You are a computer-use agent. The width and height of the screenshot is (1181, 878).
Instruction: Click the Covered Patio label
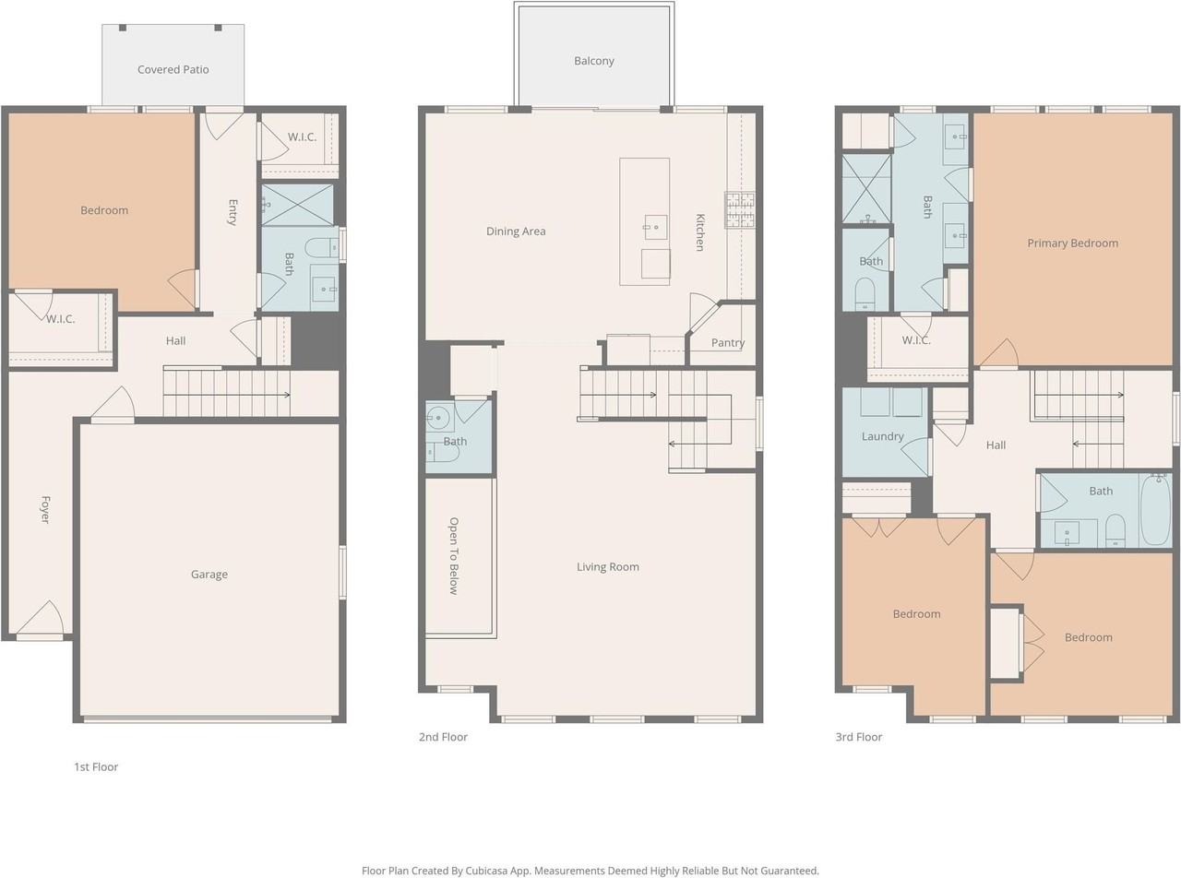pyautogui.click(x=173, y=70)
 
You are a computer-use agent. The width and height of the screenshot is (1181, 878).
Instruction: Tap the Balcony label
pyautogui.click(x=593, y=61)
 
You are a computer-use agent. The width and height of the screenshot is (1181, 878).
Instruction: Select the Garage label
pyautogui.click(x=209, y=575)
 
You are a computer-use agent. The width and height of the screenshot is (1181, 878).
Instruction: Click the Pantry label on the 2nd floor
pyautogui.click(x=728, y=343)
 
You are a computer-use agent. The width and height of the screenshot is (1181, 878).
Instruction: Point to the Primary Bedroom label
pyautogui.click(x=1072, y=243)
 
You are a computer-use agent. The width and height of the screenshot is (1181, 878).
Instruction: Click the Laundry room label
pyautogui.click(x=883, y=436)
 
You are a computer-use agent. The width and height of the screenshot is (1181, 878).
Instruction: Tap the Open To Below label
pyautogui.click(x=453, y=556)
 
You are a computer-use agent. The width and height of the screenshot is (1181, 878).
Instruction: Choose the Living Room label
pyautogui.click(x=607, y=567)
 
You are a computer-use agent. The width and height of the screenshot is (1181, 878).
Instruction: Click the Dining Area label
pyautogui.click(x=516, y=231)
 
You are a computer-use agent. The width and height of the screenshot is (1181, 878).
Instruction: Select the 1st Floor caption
pyautogui.click(x=96, y=766)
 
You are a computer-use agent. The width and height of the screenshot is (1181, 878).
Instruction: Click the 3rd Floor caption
pyautogui.click(x=858, y=737)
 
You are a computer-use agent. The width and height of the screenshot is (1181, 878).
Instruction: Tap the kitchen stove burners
pyautogui.click(x=740, y=209)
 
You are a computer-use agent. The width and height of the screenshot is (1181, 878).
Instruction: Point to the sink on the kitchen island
pyautogui.click(x=655, y=228)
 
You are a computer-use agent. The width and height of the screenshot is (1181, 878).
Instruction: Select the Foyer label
pyautogui.click(x=45, y=509)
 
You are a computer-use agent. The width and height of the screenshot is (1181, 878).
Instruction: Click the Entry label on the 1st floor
pyautogui.click(x=233, y=212)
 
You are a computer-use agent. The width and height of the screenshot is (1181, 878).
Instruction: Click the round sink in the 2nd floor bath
pyautogui.click(x=439, y=418)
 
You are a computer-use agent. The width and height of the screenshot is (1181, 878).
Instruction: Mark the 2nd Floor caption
pyautogui.click(x=443, y=737)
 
